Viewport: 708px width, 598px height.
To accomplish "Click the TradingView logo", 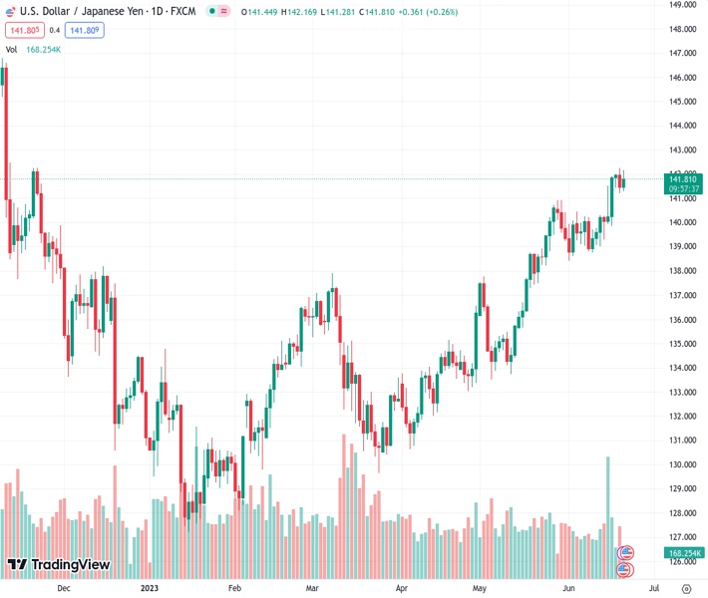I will click(x=57, y=566).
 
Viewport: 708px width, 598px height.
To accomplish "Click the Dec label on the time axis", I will click(x=64, y=588).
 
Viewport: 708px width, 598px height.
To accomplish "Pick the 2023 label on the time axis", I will click(x=149, y=588).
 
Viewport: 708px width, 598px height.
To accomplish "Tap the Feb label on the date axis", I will click(x=234, y=588).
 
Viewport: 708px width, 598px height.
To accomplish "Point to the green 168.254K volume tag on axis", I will click(x=684, y=553).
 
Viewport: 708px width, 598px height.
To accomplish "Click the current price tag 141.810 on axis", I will click(x=684, y=179).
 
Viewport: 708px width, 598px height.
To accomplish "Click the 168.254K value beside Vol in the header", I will click(x=43, y=49).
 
